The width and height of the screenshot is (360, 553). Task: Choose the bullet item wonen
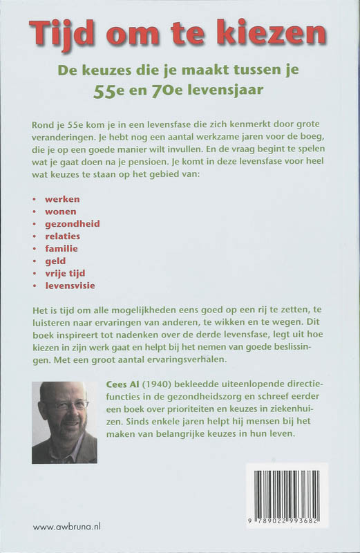[59, 211]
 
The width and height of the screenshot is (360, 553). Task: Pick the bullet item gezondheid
[72, 224]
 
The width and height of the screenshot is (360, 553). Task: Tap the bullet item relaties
[62, 236]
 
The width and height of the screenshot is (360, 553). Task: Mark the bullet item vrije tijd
[66, 274]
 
